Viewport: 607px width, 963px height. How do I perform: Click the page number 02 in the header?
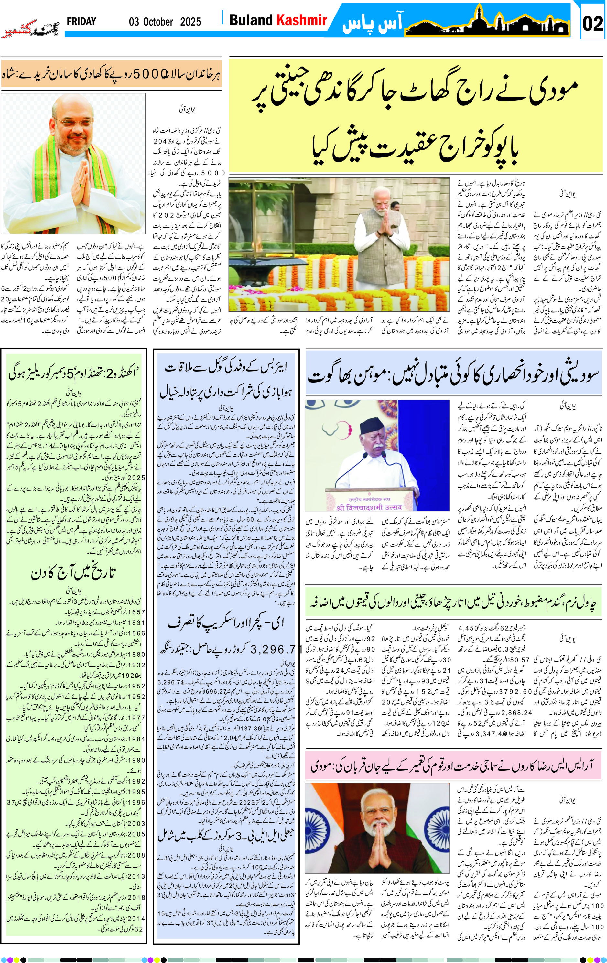[x=592, y=24]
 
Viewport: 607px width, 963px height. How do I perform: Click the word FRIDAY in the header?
[x=81, y=22]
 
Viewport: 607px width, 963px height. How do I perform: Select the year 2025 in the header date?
[x=190, y=22]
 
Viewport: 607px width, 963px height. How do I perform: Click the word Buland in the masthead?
[x=250, y=20]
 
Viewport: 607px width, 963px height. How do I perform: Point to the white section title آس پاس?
[x=372, y=24]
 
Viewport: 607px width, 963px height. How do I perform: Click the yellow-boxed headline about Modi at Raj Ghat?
[x=416, y=116]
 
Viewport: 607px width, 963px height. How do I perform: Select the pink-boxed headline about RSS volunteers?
[x=453, y=765]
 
